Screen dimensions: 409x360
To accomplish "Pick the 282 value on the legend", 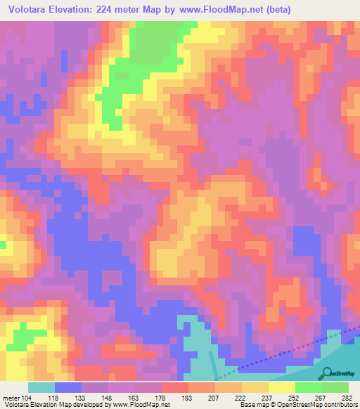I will point(347,398).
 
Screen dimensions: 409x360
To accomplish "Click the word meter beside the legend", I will point(11,398).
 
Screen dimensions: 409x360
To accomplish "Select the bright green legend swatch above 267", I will point(308,387).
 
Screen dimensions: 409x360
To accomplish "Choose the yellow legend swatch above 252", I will point(281,387).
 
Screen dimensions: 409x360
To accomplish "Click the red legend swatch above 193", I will point(174,387).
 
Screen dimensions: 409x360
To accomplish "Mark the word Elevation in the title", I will point(79,10).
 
